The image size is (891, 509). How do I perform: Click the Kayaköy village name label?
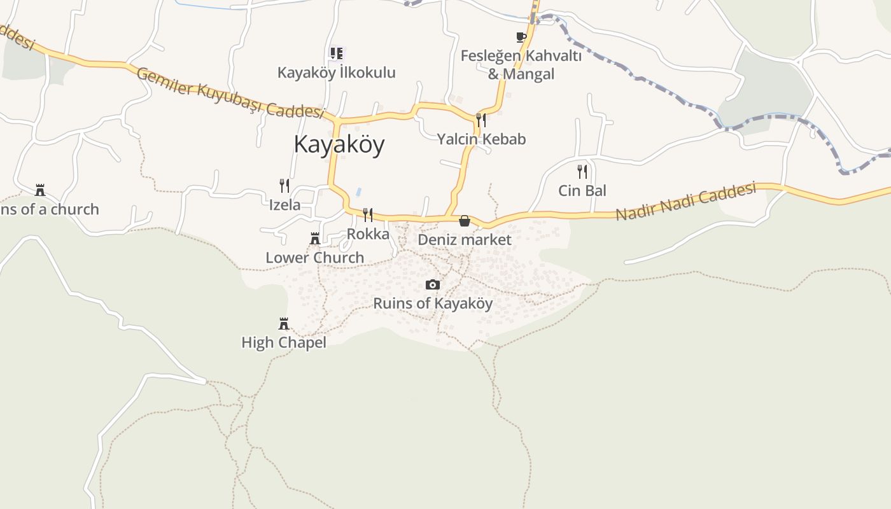point(339,144)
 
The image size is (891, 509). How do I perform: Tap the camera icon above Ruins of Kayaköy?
point(433,284)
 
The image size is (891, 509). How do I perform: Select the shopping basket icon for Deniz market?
point(465,221)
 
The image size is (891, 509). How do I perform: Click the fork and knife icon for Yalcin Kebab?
point(481,120)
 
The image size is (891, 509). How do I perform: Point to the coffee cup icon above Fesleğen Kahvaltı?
point(521,37)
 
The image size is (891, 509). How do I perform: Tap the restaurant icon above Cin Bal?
point(582,171)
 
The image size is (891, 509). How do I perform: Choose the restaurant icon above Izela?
point(284,185)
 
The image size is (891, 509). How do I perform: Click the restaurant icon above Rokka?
point(368,214)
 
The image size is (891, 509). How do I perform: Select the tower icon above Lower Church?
point(314,239)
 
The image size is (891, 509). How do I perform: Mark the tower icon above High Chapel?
point(284,324)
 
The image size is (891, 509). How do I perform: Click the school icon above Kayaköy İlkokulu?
point(336,53)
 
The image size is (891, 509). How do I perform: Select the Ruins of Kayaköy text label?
point(433,303)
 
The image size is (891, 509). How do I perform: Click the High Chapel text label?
point(284,343)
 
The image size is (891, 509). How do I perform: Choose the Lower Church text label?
point(315,258)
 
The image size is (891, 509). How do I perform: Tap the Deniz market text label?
point(465,240)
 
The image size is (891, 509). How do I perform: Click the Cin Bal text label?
point(582,190)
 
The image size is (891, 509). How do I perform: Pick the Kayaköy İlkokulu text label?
point(336,73)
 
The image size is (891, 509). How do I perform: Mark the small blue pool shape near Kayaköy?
point(358,191)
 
